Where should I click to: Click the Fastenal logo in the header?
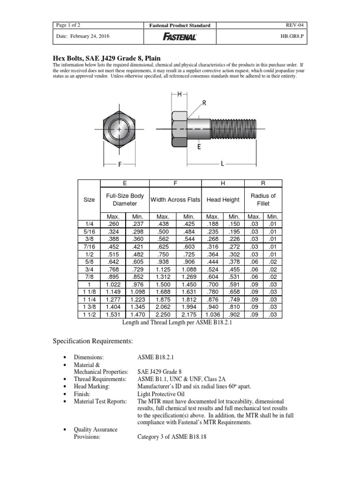click(180, 37)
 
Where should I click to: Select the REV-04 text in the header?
click(297, 25)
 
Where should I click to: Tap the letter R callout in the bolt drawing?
click(204, 102)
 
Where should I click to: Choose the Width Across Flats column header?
click(175, 200)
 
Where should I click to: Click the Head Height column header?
click(223, 200)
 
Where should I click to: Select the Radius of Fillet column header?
click(263, 200)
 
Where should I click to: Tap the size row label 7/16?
click(89, 247)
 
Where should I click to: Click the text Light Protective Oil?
click(158, 395)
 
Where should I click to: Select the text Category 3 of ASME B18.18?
click(172, 436)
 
